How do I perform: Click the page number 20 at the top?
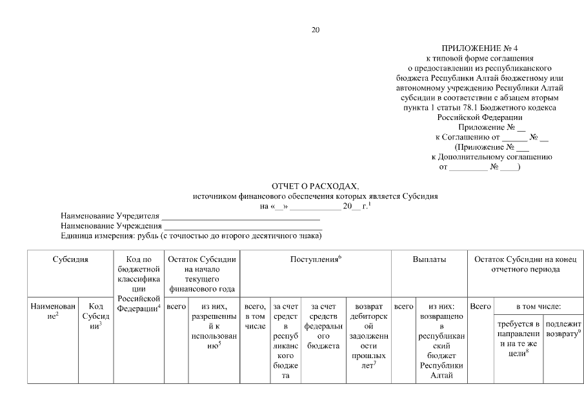[x=315, y=30]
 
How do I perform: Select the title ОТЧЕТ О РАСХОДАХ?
[x=316, y=186]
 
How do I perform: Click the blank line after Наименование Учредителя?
[x=236, y=216]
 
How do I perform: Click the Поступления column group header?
[x=316, y=259]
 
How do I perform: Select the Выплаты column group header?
[x=429, y=259]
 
